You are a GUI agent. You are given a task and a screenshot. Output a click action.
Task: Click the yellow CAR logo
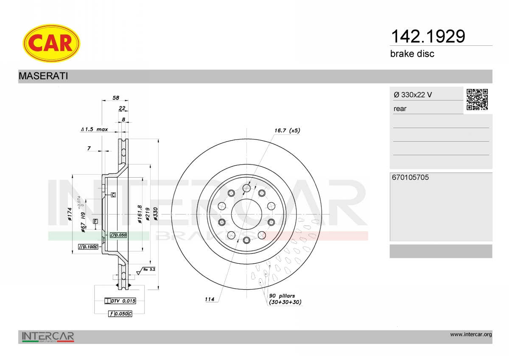coord(51,43)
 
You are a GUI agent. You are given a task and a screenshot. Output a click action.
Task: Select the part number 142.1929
coord(428,36)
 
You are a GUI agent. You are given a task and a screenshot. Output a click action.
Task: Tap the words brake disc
coord(412,54)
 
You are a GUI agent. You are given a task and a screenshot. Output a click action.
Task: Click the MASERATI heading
coord(43,76)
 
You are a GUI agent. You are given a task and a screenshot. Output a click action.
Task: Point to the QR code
coord(477,100)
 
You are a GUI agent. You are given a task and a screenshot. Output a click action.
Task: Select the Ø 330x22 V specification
coord(413,95)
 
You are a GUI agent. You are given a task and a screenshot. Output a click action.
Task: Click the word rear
coord(400,109)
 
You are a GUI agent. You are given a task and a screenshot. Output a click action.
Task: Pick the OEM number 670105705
coord(411,177)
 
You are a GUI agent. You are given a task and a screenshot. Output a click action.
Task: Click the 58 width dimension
coord(116,98)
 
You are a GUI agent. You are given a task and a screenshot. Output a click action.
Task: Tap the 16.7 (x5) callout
coord(287,130)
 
